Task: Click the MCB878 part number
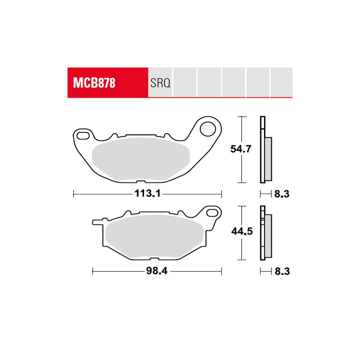[x=94, y=83]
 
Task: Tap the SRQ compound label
[x=160, y=83]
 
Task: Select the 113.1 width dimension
[x=148, y=193]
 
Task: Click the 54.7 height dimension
[x=241, y=149]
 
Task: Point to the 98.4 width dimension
[x=157, y=271]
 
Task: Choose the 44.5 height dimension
[x=242, y=231]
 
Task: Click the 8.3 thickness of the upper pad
[x=282, y=194]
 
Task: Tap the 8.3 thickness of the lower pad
[x=282, y=272]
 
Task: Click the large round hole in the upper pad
[x=208, y=129]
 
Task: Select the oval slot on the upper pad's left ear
[x=83, y=136]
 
